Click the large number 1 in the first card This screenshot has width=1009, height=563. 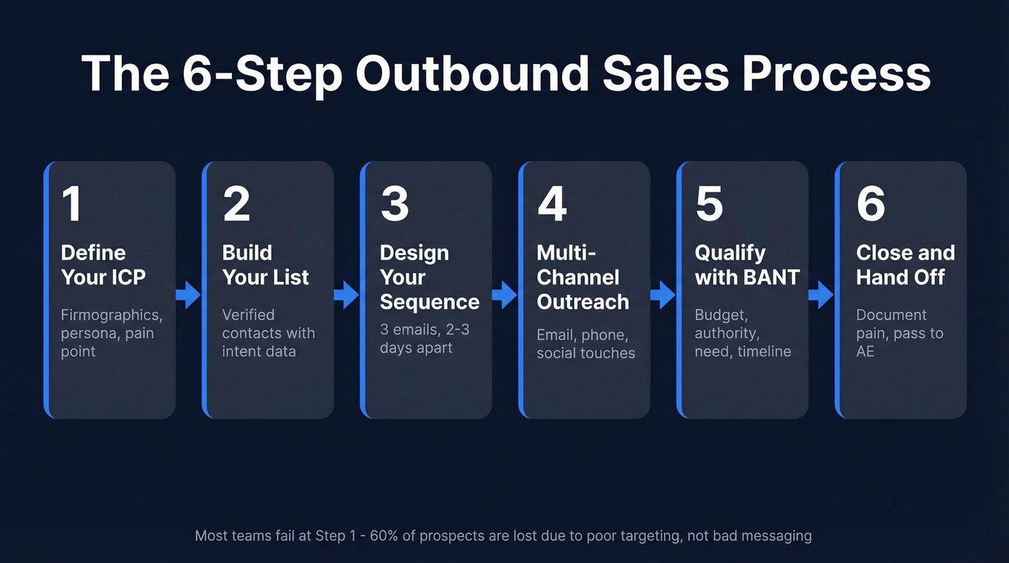tap(71, 204)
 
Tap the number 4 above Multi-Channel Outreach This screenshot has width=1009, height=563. tap(551, 204)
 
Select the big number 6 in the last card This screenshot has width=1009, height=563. tap(870, 204)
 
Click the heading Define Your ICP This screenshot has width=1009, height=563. tap(103, 265)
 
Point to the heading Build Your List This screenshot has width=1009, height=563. tap(265, 265)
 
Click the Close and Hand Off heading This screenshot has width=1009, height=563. tap(905, 265)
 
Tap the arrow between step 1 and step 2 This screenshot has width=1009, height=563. tap(188, 294)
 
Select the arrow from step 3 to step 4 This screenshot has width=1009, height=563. tap(504, 294)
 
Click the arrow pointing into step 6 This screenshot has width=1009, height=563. tap(821, 294)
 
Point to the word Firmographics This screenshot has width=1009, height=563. tap(111, 315)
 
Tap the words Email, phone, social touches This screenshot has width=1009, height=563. tap(585, 344)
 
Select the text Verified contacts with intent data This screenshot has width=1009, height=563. tap(268, 334)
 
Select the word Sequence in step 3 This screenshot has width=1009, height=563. tap(429, 301)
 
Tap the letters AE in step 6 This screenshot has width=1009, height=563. tap(865, 352)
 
